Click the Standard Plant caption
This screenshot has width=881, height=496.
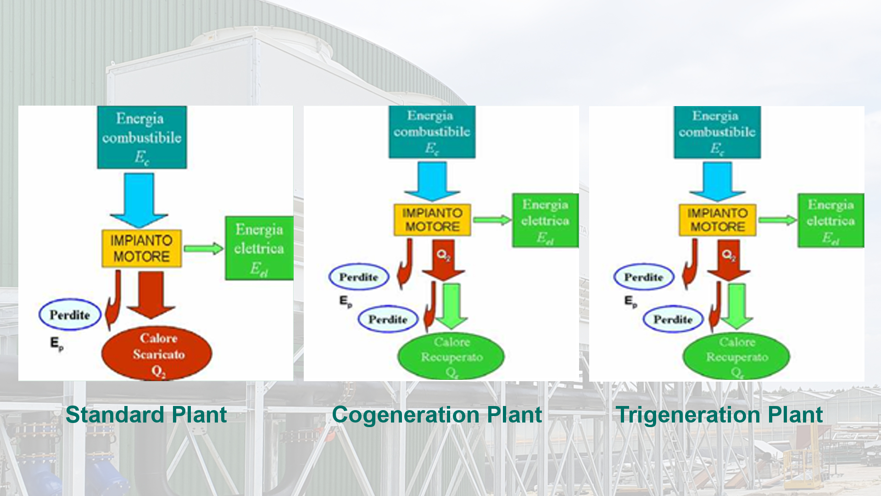(146, 415)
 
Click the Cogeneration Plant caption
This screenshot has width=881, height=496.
(437, 415)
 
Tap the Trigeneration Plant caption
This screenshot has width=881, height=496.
(719, 415)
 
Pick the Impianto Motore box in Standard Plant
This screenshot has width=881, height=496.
(141, 248)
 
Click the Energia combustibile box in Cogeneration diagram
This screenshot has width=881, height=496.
(432, 132)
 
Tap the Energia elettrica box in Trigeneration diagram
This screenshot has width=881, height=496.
(831, 220)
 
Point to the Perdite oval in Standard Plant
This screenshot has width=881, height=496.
(70, 315)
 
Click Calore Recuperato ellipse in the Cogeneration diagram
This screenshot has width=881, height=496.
(451, 356)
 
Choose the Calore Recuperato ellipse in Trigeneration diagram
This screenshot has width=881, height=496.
(736, 356)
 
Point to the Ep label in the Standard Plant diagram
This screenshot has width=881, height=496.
(56, 344)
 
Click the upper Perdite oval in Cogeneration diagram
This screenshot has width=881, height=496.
(359, 277)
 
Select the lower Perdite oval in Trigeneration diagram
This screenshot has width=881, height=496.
(673, 319)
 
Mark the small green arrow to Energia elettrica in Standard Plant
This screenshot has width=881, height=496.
(203, 249)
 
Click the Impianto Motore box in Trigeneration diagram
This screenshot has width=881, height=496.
(717, 220)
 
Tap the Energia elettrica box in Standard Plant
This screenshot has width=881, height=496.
(259, 248)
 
